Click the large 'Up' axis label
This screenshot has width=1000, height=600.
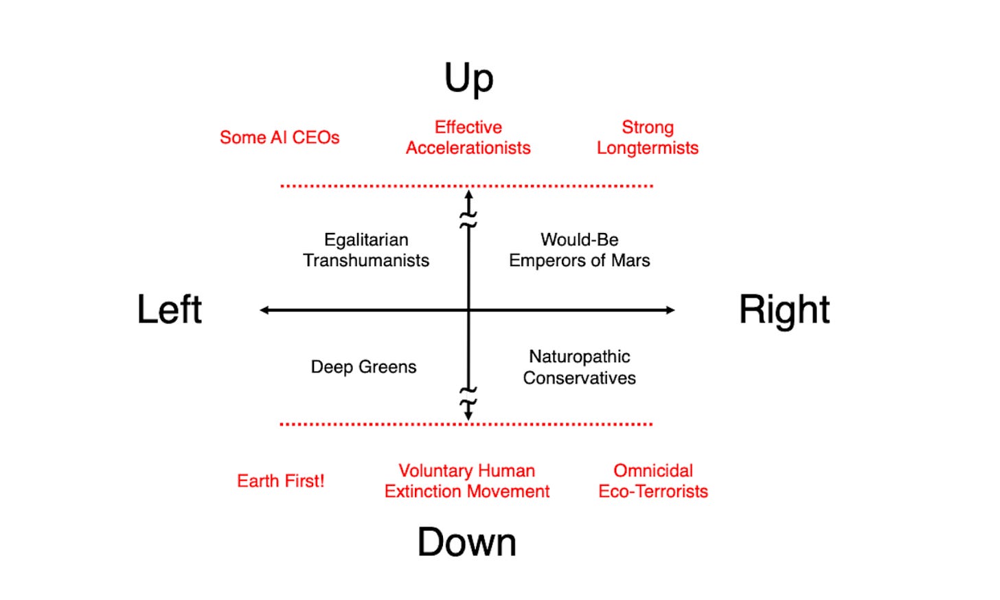coord(468,78)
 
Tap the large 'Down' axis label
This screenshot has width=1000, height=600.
coord(467,542)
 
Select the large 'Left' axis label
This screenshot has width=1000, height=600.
coord(170,309)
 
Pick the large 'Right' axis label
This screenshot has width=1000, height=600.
coord(784,309)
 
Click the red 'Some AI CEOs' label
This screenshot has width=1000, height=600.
coord(280,137)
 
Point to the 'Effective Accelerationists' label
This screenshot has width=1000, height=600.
coord(468,137)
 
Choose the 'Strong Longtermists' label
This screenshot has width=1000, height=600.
coord(648,137)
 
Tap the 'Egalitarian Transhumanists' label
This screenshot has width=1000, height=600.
coord(366,250)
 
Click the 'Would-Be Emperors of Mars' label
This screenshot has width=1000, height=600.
coord(579,250)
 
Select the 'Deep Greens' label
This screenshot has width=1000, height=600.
coord(363,367)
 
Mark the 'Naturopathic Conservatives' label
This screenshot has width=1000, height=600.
coord(579,367)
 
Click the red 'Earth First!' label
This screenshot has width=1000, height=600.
coord(280,481)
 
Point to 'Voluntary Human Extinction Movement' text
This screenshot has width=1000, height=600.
coord(467,481)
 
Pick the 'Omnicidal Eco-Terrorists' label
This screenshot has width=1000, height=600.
coord(653,481)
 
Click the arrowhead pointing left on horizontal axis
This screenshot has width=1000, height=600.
coord(264,310)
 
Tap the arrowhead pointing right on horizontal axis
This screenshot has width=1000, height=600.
coord(670,310)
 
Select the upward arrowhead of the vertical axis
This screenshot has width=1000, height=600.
coord(468,195)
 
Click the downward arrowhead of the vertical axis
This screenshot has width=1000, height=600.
coord(468,415)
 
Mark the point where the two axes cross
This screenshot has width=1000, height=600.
coord(468,310)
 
